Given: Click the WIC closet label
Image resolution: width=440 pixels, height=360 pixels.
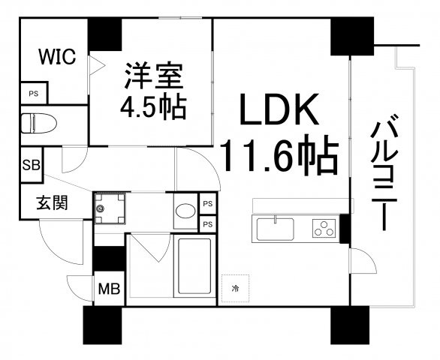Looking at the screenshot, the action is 57,56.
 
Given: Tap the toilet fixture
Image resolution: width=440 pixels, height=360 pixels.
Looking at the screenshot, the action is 39,123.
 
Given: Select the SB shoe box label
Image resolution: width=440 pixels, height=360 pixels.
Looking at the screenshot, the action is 32,165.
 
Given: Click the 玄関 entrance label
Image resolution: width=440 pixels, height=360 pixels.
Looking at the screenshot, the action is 53,202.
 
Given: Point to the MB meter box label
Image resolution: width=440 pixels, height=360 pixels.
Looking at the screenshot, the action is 109,289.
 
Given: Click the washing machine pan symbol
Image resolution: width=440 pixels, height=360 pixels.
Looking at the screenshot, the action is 110,208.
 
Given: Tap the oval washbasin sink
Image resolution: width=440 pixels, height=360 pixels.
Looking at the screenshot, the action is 185,211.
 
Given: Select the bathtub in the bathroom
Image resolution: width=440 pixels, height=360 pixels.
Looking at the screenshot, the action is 194,265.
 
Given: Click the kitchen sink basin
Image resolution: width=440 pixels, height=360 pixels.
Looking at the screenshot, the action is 275,229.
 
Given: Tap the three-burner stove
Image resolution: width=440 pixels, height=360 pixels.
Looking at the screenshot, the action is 324,228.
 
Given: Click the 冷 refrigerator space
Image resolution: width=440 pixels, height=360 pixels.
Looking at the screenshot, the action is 236,288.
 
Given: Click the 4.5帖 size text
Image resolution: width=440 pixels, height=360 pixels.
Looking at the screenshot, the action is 153,108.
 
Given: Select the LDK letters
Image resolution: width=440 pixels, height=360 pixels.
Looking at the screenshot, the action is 279,109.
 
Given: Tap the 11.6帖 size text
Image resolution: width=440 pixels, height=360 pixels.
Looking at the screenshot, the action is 279,154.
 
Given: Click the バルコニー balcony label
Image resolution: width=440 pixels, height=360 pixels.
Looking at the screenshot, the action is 384,172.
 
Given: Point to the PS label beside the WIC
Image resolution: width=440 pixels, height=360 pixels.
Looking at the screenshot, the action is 33,94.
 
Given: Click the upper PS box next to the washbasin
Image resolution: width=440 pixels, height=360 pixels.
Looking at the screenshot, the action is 208,204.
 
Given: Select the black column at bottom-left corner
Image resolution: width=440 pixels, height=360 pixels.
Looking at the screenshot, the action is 103,325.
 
